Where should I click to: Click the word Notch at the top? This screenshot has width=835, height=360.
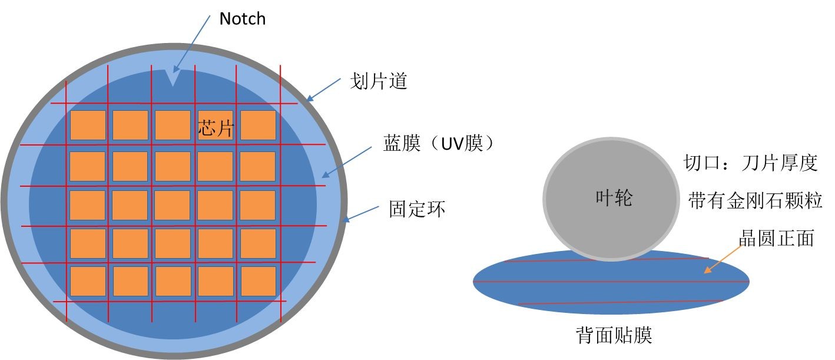click(242, 19)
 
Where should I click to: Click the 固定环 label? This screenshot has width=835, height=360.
click(417, 209)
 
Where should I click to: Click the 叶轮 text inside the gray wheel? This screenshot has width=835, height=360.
click(612, 199)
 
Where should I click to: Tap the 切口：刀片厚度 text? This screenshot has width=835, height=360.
click(750, 163)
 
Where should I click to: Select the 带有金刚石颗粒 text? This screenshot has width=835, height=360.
click(756, 201)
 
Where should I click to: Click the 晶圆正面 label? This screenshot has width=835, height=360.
click(776, 239)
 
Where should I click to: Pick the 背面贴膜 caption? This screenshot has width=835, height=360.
click(613, 336)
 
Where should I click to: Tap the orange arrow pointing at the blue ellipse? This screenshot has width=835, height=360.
click(722, 260)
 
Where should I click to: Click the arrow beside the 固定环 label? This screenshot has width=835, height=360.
click(361, 213)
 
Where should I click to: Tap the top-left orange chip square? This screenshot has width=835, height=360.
click(88, 125)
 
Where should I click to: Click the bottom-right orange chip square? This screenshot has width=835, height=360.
click(258, 280)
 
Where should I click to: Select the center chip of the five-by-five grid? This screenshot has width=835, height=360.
click(173, 205)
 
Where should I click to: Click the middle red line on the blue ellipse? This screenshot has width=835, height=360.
click(611, 282)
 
